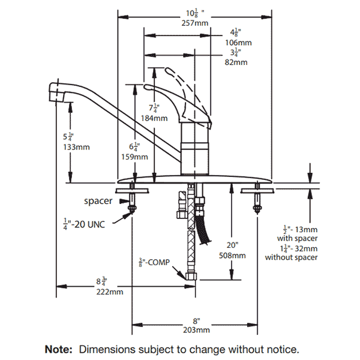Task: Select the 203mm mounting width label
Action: pyautogui.click(x=196, y=330)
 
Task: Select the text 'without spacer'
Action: pyautogui.click(x=291, y=257)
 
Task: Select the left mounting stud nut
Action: pyautogui.click(x=133, y=208)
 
